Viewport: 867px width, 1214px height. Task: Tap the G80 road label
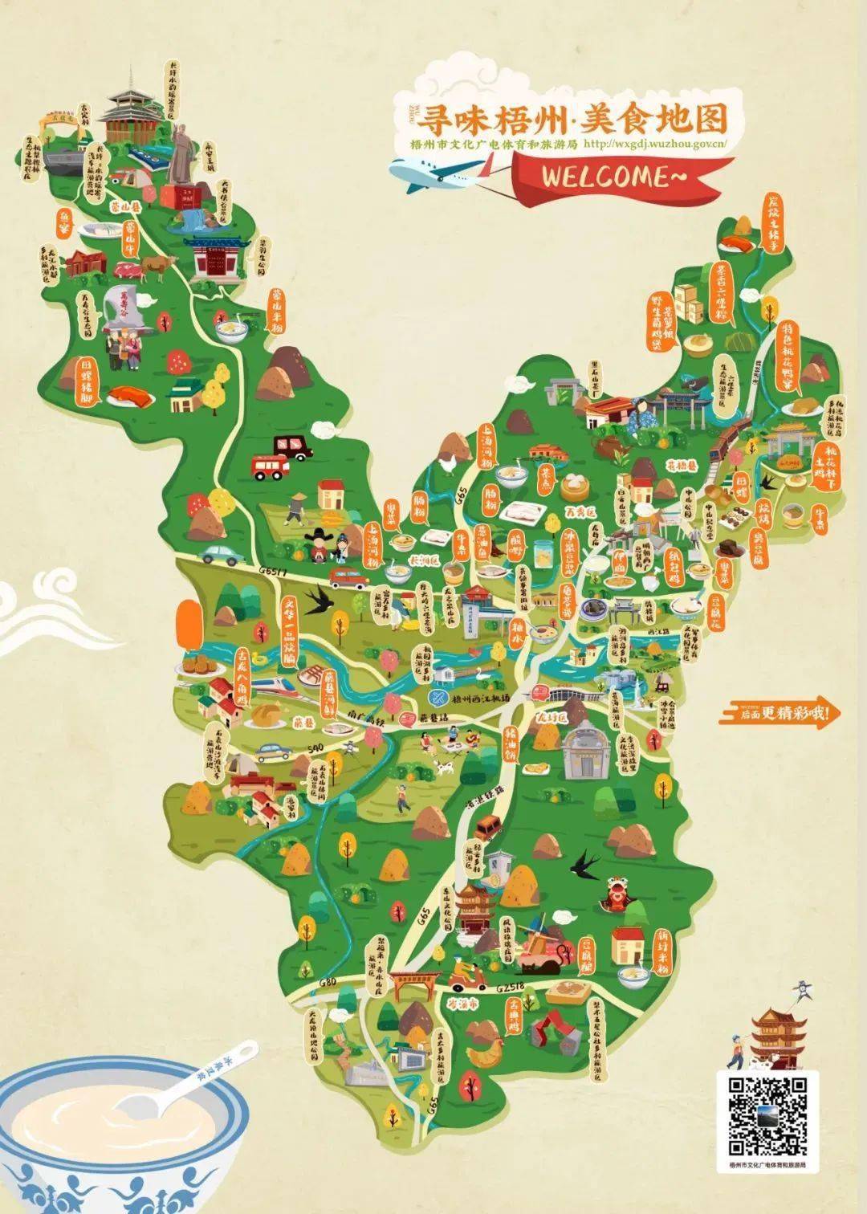coord(328,983)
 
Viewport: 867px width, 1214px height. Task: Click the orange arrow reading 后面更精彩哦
coord(781,711)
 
